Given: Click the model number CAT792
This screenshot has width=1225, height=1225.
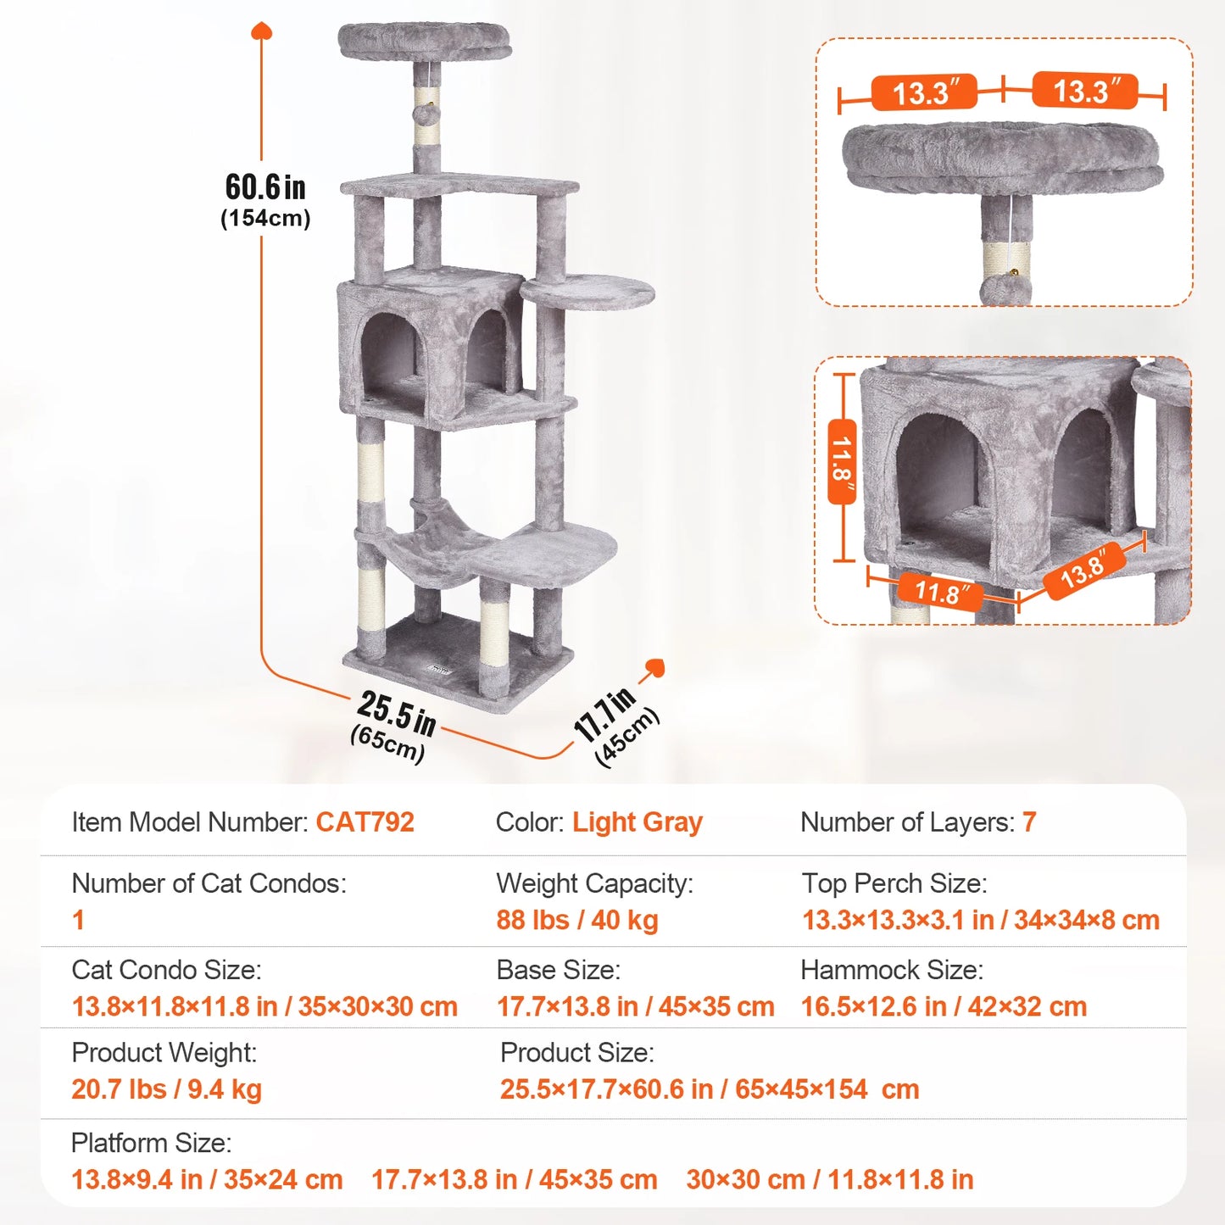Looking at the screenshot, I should [365, 822].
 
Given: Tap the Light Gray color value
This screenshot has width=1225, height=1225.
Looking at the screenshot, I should [637, 822].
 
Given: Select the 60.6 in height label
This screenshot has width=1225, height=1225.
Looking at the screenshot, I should [265, 187].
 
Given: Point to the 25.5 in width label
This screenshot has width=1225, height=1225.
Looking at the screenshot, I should [396, 713].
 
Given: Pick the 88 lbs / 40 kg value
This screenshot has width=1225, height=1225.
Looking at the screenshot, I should [577, 921].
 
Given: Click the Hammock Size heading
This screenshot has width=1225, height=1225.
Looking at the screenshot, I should [892, 970].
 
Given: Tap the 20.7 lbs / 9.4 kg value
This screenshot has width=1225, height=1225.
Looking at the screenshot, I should [166, 1089].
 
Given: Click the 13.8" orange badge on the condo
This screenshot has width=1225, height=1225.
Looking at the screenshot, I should [1084, 571].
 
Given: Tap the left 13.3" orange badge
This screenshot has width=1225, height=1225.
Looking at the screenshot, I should [924, 92].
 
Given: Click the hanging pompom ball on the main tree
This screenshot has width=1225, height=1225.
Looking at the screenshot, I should [426, 113].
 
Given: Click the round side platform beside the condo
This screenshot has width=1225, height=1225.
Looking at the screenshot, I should [587, 292].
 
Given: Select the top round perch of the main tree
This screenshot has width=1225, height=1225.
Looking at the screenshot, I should [425, 41].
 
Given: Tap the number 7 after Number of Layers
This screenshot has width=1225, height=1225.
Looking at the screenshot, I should [1028, 822].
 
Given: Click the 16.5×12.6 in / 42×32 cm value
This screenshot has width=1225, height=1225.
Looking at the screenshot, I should [944, 1007].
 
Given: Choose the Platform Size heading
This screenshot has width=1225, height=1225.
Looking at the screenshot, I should [151, 1143].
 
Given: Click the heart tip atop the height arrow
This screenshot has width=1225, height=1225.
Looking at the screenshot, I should [261, 31].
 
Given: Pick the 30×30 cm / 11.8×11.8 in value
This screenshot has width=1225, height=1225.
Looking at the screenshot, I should [829, 1180].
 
